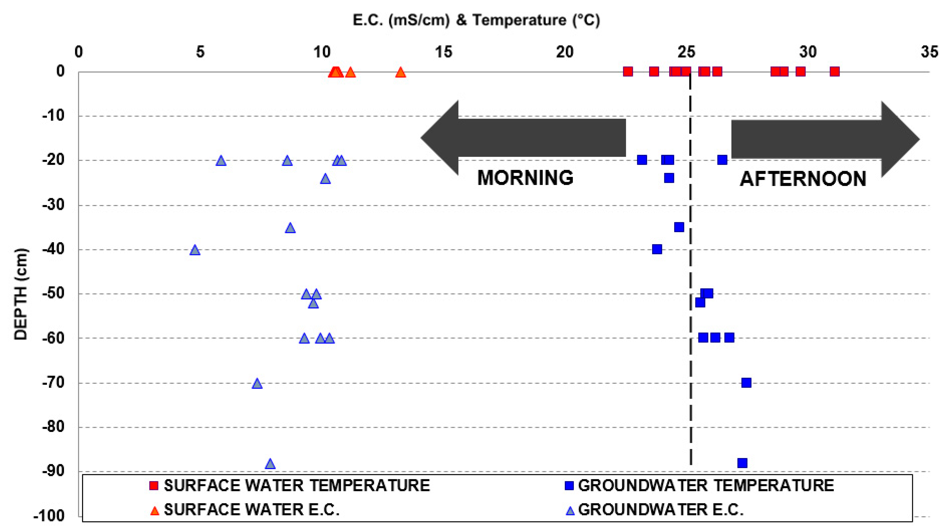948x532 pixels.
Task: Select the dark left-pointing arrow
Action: tap(522, 138)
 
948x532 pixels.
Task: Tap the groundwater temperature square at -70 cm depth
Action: tap(746, 383)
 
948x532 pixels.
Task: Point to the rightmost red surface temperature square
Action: tap(835, 71)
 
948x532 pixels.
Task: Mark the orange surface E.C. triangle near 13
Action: tap(401, 72)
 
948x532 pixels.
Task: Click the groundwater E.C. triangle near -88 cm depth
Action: tap(270, 464)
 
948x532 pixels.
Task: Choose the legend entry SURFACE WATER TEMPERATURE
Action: tap(296, 486)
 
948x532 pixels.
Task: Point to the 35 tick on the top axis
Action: tap(929, 52)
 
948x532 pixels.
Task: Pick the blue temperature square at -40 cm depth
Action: tap(657, 249)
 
